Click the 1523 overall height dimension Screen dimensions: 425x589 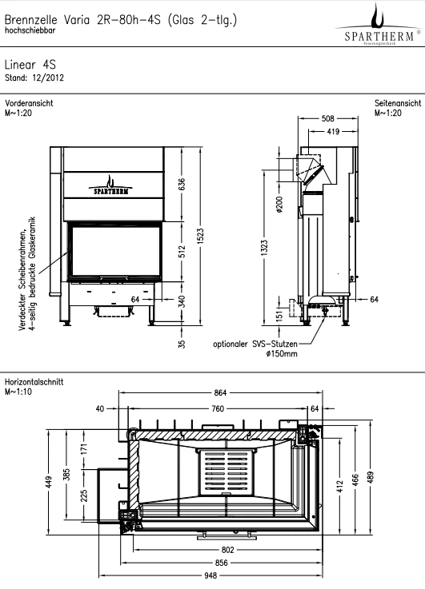tap(200, 236)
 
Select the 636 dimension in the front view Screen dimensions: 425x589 tap(182, 184)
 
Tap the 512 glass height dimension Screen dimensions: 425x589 tap(182, 252)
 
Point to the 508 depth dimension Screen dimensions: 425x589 tap(327, 119)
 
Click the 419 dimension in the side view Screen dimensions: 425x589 tap(333, 132)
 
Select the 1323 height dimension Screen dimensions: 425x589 tap(264, 248)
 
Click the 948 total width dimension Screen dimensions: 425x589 tap(211, 575)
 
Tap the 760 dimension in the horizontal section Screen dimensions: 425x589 tap(218, 408)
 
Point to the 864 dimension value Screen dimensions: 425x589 tap(220, 392)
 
